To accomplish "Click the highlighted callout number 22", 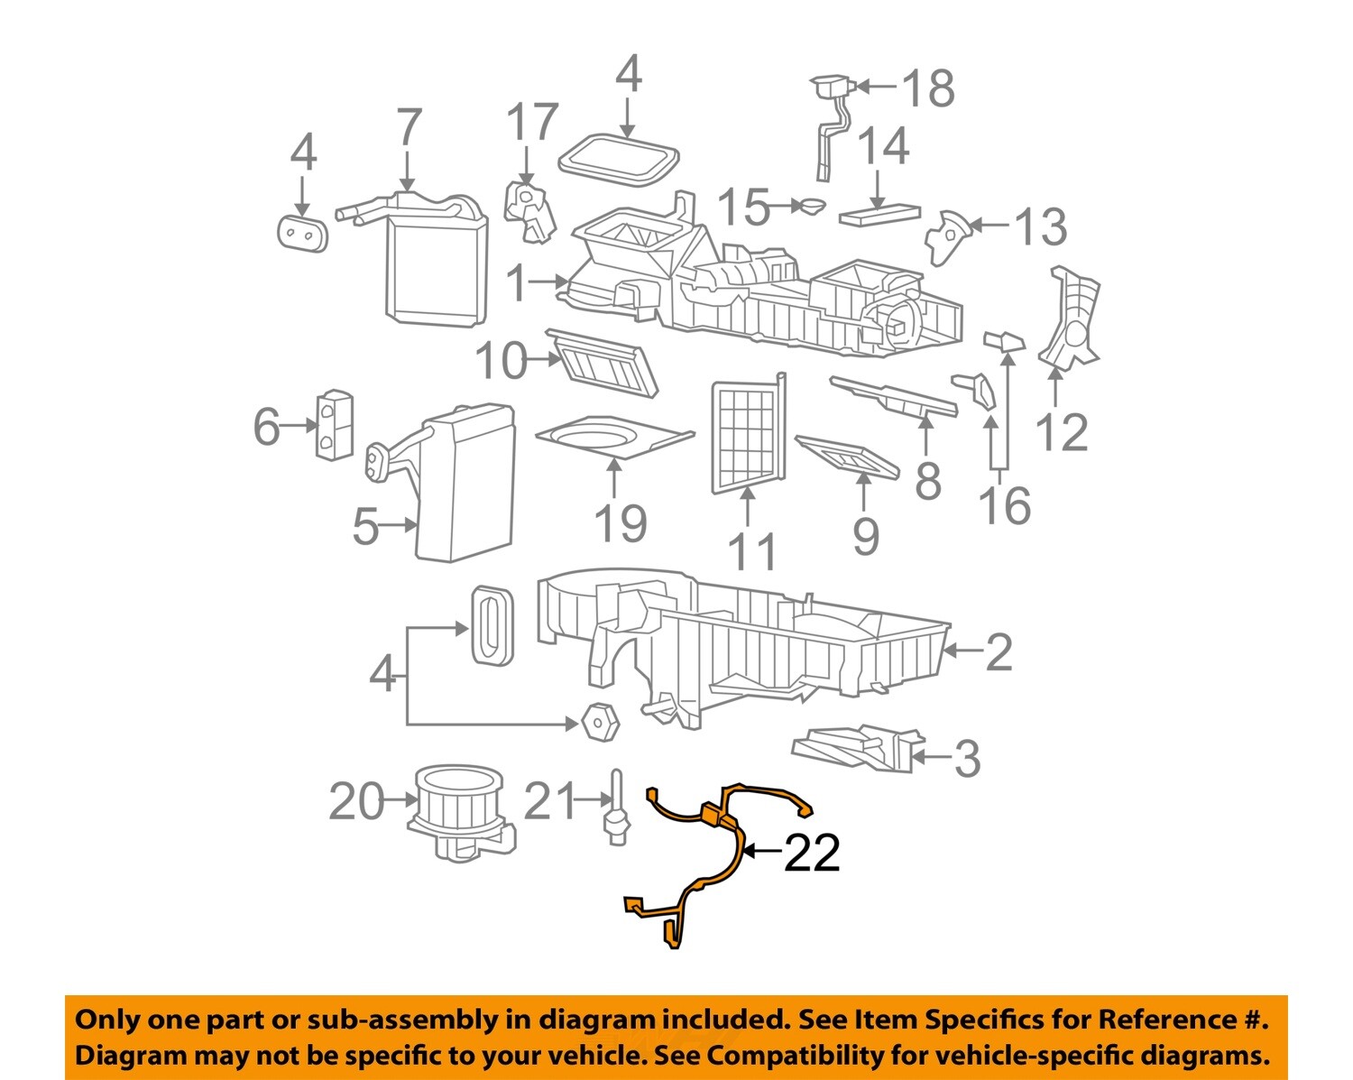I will pyautogui.click(x=812, y=853).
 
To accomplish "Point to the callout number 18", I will pyautogui.click(x=928, y=88).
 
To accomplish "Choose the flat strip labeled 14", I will pyautogui.click(x=879, y=215).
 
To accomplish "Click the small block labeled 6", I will pyautogui.click(x=334, y=425).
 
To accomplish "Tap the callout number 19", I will pyautogui.click(x=621, y=524).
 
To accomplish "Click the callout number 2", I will pyautogui.click(x=999, y=651).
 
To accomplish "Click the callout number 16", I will pyautogui.click(x=1005, y=505).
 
